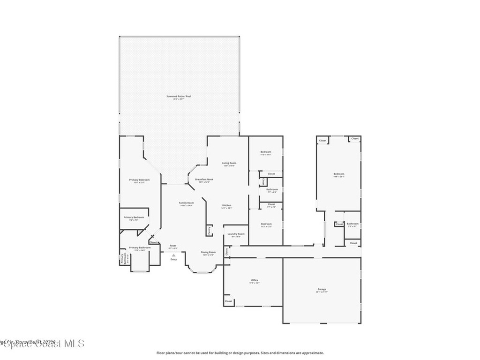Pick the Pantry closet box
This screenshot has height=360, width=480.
pos(209,230)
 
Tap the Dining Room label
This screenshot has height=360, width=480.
pos(208,253)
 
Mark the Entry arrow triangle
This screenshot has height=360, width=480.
pos(173,255)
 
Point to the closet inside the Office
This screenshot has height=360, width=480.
pos(228,301)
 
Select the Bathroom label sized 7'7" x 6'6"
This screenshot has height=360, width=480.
pos(272,190)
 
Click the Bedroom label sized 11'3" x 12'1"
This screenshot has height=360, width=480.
pos(266,225)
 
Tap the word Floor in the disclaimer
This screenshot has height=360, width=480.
pos(160,353)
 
